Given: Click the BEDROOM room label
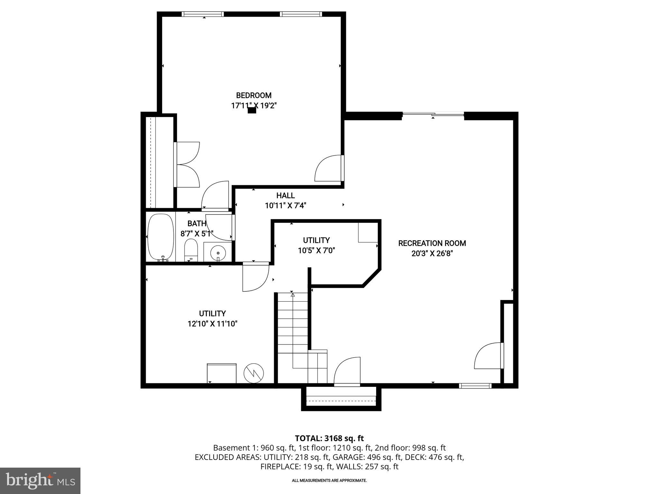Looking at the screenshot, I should (254, 96).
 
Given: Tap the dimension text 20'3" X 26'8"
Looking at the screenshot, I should (432, 253).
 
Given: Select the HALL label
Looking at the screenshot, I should (285, 196).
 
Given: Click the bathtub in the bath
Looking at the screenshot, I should (161, 237).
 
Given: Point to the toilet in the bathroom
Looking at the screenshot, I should (191, 250).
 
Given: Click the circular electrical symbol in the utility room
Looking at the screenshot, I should (254, 373).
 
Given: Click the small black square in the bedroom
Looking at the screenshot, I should (252, 110).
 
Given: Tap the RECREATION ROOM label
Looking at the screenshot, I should (432, 243).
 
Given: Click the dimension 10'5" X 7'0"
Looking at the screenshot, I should (316, 251).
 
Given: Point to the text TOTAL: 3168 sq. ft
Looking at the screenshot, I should (329, 438).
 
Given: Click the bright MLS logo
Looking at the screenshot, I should (40, 481).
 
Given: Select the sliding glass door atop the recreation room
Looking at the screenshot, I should (433, 114).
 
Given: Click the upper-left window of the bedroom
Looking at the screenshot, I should (202, 14).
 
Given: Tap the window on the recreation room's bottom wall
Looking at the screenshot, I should (475, 386).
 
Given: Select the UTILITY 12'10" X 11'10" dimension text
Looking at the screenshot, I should (212, 324).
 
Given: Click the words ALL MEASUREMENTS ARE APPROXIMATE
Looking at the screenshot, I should (329, 480).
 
